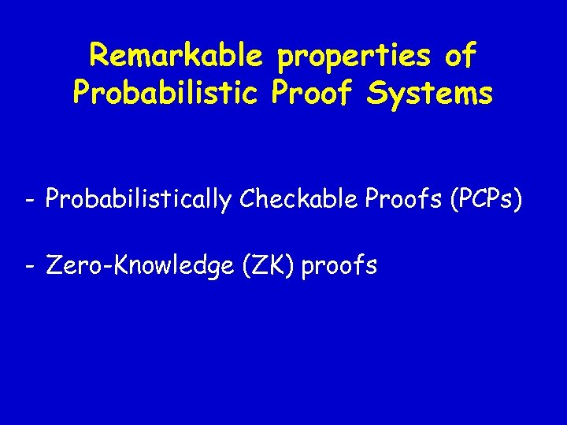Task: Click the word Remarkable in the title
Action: [x=174, y=55]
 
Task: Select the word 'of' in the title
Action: [x=460, y=55]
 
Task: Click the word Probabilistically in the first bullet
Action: [x=139, y=201]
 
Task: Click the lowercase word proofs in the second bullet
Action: [x=339, y=267]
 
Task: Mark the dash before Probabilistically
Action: [x=28, y=201]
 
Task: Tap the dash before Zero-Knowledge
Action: [x=28, y=266]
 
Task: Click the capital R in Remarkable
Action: [x=99, y=55]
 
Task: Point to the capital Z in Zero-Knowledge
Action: [x=54, y=265]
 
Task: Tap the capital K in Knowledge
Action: [x=120, y=265]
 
